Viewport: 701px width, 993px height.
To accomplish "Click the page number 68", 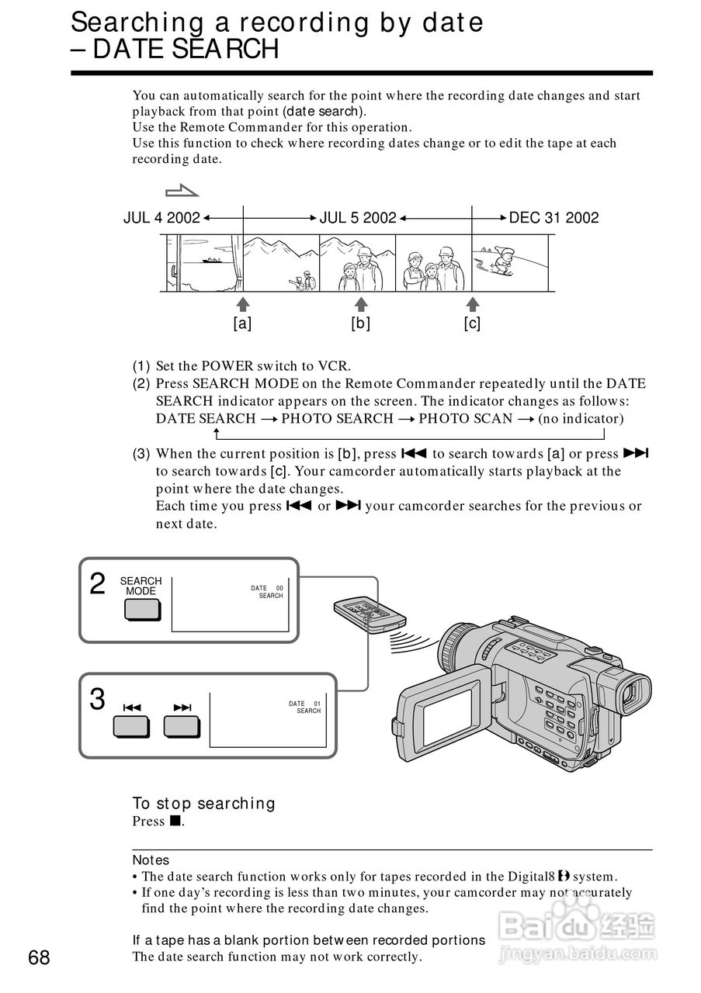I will (39, 958).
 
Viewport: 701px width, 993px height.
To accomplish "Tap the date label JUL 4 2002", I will (161, 218).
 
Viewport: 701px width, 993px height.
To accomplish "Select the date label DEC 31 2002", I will (554, 218).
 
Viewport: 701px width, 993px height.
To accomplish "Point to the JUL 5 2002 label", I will (358, 218).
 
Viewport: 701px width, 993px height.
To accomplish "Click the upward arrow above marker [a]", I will (243, 303).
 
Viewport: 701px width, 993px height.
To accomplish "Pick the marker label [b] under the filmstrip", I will (360, 324).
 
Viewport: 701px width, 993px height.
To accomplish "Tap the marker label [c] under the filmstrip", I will (472, 324).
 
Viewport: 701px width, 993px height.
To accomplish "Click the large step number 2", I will (97, 584).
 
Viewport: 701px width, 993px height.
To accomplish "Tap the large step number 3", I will (97, 700).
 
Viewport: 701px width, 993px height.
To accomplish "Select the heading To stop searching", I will (203, 804).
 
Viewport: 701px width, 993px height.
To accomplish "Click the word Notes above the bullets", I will (151, 860).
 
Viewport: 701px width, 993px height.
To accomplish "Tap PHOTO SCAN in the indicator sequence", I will (465, 419).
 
